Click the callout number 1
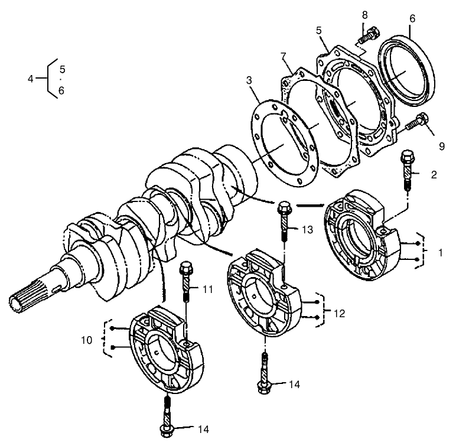tap(440, 252)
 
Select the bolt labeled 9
tap(416, 123)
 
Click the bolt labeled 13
tap(284, 221)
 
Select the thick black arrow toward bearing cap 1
tap(310, 206)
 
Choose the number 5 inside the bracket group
tap(63, 69)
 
